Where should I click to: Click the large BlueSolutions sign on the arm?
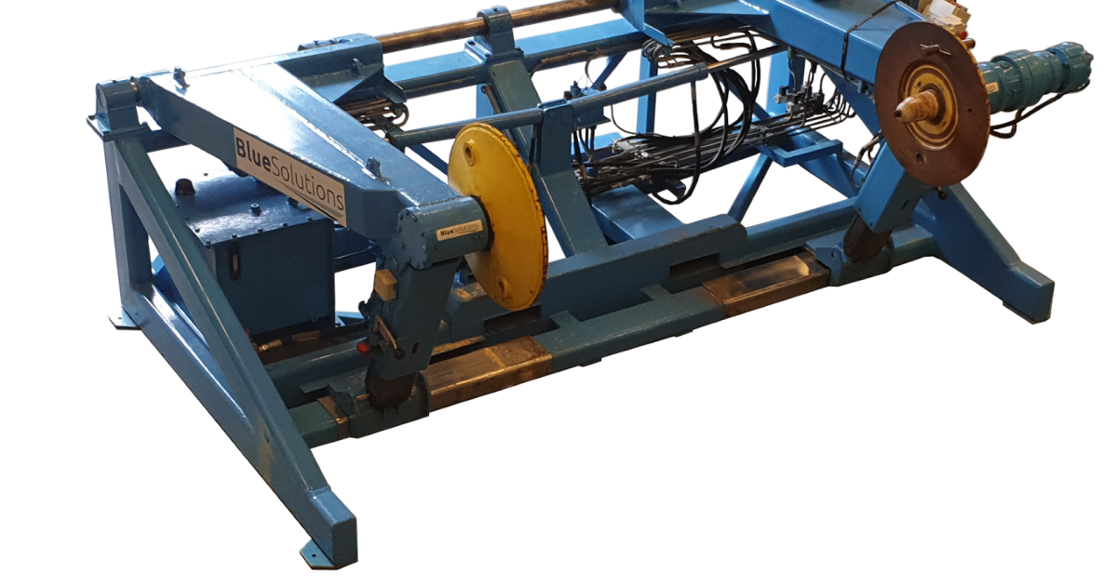289,176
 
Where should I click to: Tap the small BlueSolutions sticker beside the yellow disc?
460,230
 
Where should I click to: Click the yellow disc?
498,217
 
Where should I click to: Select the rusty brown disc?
932,103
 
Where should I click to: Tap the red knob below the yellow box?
364,347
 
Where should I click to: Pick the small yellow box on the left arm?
385,284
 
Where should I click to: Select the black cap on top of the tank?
184,186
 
